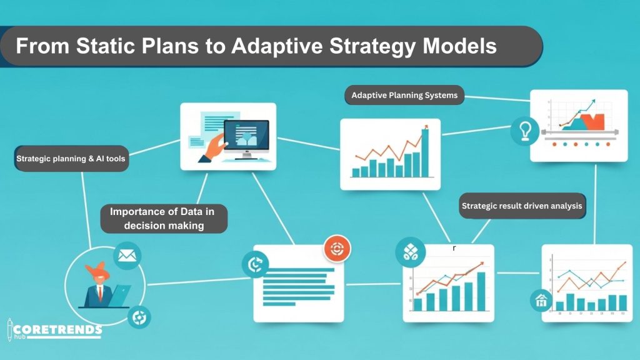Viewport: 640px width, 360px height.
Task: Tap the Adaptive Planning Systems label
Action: (404, 95)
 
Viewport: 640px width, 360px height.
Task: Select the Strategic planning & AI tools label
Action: (71, 158)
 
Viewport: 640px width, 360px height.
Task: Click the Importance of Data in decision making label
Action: (164, 218)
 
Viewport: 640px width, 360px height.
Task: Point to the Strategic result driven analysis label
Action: (522, 206)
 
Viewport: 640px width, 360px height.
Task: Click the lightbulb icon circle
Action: (525, 131)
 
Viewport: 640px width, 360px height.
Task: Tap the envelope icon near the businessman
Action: (127, 256)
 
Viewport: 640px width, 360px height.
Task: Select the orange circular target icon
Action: (337, 248)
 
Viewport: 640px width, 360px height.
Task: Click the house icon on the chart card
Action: (541, 301)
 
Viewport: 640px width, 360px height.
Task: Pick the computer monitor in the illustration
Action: (246, 137)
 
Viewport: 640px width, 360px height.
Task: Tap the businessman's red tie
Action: (100, 292)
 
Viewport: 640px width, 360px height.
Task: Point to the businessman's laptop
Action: (119, 296)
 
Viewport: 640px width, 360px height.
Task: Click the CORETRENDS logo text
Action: (57, 329)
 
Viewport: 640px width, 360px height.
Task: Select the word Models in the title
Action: (459, 46)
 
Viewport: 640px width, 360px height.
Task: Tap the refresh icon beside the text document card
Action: (256, 264)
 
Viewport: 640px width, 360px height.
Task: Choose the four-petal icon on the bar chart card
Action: (410, 252)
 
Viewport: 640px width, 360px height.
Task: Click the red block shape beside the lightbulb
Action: (592, 122)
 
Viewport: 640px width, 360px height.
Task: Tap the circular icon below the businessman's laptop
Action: (139, 317)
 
